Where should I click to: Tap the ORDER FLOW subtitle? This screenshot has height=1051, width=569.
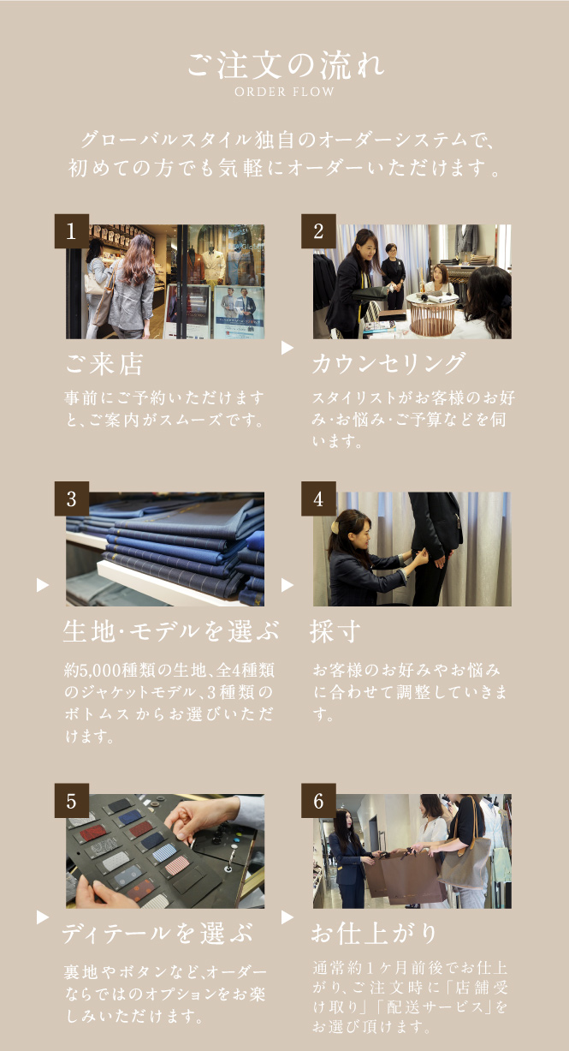284,92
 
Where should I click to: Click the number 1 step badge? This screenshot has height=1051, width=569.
72,231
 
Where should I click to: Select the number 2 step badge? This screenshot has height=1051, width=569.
318,231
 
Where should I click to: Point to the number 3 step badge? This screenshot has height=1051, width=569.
72,499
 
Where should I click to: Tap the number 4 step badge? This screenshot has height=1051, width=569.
318,499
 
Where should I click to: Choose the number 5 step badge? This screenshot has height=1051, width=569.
72,800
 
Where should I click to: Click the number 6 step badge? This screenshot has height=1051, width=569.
318,800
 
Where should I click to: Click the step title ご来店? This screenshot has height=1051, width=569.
104,364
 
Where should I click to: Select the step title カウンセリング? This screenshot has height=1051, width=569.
389,364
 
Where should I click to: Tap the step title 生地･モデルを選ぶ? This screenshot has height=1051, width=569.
171,631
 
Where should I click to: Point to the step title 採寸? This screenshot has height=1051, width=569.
335,631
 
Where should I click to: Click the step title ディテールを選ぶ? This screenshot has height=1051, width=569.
158,933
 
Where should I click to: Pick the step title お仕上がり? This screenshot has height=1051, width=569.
374,933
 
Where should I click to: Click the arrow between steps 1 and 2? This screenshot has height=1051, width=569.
287,348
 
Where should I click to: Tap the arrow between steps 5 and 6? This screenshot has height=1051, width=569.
287,917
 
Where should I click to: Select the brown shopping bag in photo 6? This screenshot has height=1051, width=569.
412,876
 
